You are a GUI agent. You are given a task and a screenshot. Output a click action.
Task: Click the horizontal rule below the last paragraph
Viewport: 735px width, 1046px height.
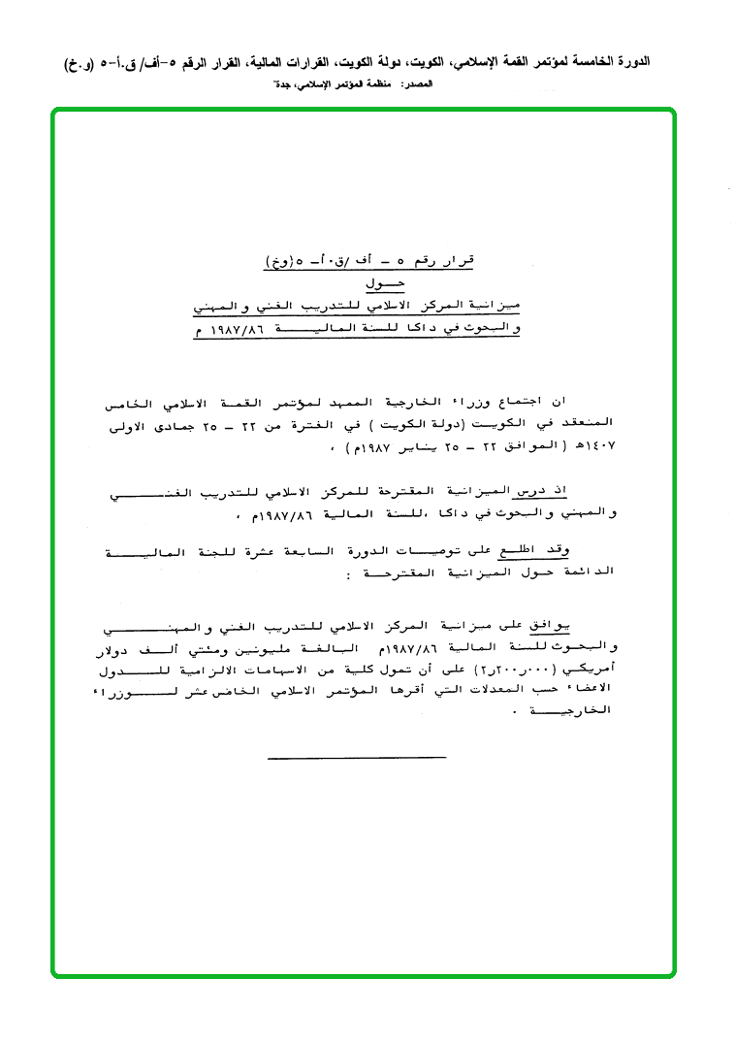[x=357, y=758]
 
